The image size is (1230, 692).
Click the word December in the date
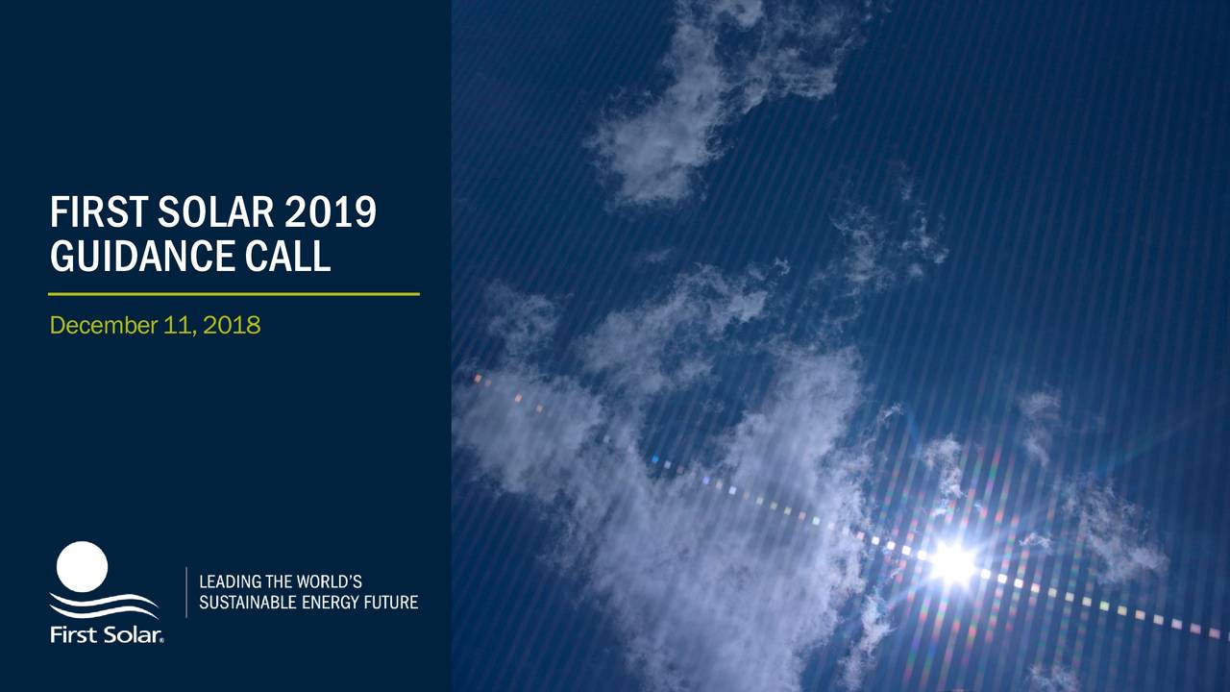[x=98, y=326]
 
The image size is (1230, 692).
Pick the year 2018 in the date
[x=232, y=326]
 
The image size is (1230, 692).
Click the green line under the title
[x=234, y=293]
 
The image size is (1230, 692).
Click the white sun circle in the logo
[x=82, y=566]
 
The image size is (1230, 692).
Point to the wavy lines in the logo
[x=104, y=605]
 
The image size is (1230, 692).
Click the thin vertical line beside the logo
[x=185, y=592]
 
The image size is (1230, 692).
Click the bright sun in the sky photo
[x=952, y=562]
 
